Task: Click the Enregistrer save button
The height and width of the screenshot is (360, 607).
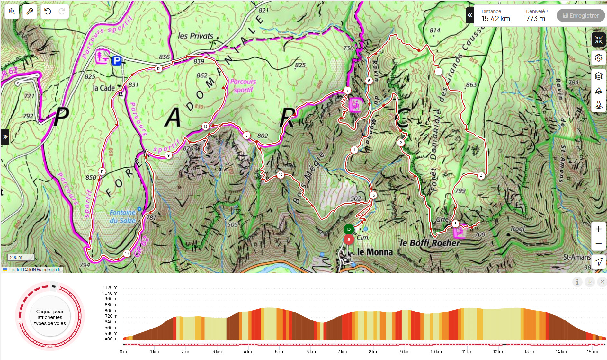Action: [581, 15]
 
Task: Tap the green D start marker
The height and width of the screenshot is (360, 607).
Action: [349, 229]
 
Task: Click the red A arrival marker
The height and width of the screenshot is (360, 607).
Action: [349, 240]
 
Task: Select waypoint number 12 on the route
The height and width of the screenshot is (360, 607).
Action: [158, 68]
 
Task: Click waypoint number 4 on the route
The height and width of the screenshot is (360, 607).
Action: [481, 176]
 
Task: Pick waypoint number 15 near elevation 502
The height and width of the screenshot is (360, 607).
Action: [373, 195]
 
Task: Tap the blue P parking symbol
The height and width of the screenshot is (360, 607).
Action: [117, 60]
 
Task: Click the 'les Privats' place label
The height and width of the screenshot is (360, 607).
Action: [195, 36]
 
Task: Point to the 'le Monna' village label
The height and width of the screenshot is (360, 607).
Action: [375, 252]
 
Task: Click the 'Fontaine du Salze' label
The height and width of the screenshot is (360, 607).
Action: [122, 216]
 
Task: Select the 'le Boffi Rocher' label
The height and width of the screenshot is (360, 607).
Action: [430, 243]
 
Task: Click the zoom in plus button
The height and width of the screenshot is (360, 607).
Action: [598, 229]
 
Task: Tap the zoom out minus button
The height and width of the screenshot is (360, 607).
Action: [598, 243]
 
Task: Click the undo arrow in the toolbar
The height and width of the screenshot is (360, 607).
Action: [48, 12]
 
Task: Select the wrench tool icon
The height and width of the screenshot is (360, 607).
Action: [30, 12]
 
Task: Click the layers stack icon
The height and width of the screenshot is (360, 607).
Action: [598, 76]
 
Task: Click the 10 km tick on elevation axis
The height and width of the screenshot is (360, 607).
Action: [436, 352]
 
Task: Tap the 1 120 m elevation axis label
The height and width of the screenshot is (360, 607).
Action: [110, 287]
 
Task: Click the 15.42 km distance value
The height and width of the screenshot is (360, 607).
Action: [495, 19]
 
